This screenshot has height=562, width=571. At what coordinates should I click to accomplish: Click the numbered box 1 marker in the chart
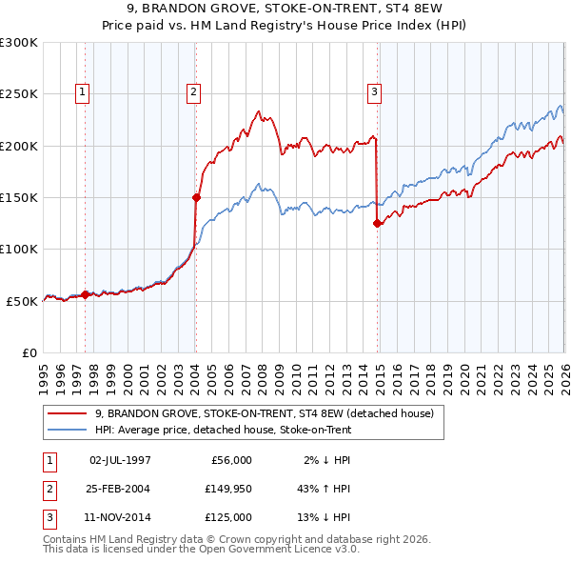coord(84,92)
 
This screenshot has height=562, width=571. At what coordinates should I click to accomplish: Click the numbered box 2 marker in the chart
coord(193,92)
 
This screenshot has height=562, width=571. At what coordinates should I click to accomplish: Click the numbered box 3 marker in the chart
coord(374,92)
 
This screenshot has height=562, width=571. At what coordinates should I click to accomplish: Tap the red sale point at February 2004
coord(196,198)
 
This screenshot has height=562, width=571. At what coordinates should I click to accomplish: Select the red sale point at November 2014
coord(378,224)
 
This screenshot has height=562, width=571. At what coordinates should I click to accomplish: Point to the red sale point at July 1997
coord(85,295)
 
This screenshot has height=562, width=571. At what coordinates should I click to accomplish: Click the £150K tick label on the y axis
coord(19,197)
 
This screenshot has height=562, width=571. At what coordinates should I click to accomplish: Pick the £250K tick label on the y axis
coord(19,94)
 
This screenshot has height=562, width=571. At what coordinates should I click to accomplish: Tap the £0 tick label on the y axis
coord(29,352)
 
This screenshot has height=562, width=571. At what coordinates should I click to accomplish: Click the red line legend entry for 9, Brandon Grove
coord(265,413)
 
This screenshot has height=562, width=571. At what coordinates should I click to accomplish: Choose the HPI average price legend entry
coord(223,431)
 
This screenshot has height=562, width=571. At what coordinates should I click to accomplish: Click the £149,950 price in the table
coord(228,489)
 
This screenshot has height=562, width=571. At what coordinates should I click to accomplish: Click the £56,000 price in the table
coord(228,460)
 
